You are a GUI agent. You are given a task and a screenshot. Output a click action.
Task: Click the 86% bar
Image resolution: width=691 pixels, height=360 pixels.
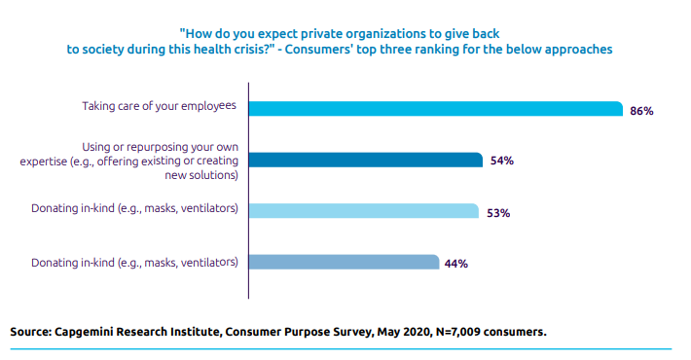(x=435, y=109)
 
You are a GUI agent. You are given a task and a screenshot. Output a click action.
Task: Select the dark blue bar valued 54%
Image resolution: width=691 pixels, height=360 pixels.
(x=365, y=161)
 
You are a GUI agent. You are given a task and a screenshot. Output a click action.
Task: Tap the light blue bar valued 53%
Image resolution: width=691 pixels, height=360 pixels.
(x=363, y=211)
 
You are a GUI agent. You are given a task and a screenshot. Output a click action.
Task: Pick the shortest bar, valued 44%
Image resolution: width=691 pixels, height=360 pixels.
(x=344, y=262)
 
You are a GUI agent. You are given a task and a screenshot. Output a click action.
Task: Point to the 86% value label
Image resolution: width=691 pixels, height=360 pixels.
(x=641, y=111)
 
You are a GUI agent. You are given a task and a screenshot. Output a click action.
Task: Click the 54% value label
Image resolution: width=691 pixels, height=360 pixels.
(x=501, y=161)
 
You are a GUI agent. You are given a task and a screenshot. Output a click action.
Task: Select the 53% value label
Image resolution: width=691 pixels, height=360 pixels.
(x=498, y=212)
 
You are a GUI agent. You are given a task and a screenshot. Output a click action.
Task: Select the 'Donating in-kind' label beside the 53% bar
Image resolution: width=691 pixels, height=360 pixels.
(x=134, y=208)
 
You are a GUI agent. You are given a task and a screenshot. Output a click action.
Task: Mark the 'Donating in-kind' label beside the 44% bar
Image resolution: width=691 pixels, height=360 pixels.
(x=134, y=262)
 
